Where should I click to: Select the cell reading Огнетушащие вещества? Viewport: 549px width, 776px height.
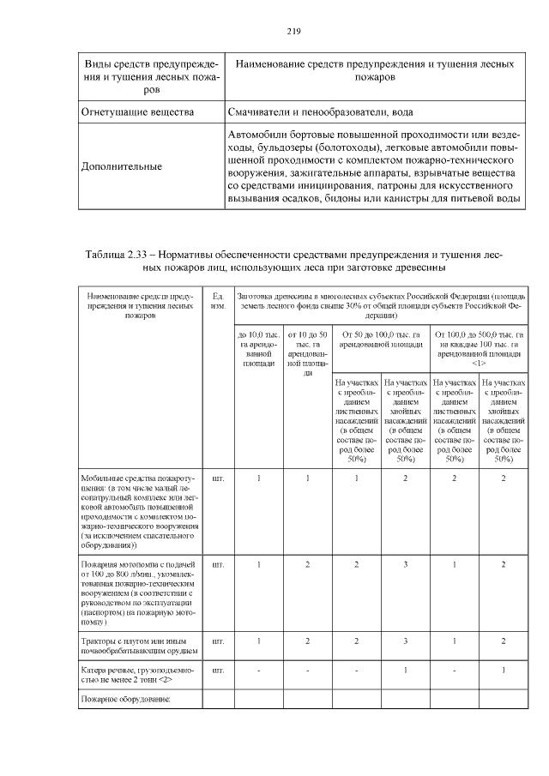point(137,112)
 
